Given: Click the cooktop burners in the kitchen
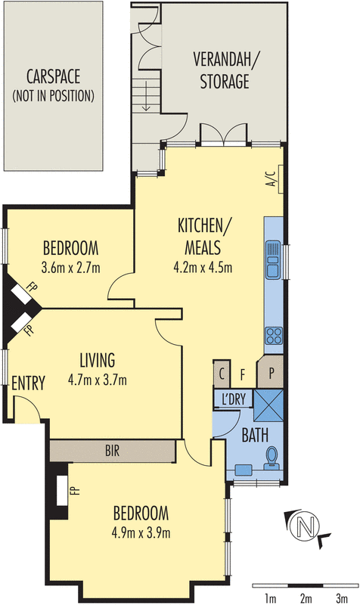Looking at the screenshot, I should point(272,336).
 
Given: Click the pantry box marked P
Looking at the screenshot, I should point(271,372).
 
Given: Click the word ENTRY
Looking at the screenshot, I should point(29,383).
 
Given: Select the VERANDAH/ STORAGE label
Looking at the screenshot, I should point(221,70).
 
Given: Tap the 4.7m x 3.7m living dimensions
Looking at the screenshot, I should point(97,379).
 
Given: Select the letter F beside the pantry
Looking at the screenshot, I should point(244,373).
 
